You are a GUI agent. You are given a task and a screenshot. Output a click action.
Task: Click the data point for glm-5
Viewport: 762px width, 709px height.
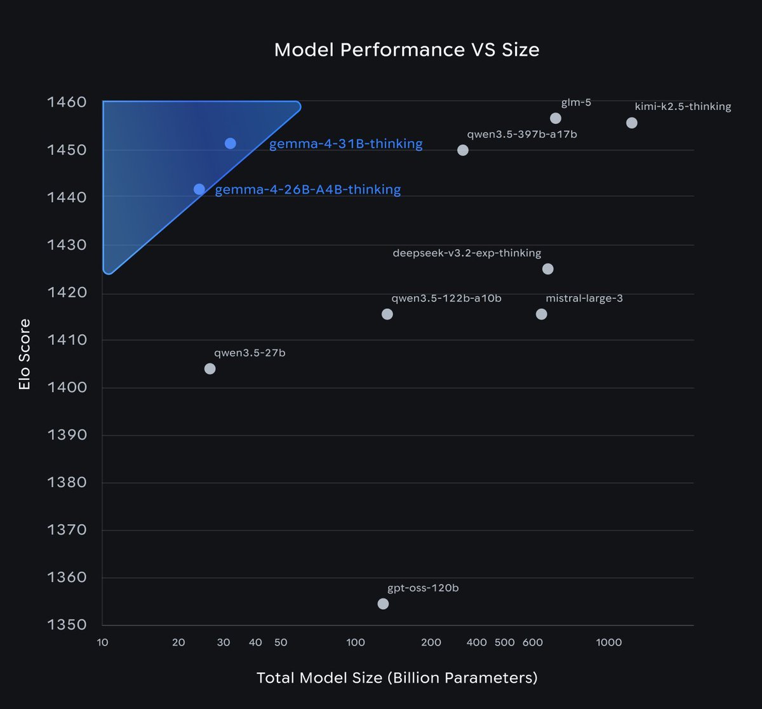(556, 118)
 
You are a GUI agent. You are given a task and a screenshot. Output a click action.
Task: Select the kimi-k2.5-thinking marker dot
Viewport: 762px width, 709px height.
(632, 123)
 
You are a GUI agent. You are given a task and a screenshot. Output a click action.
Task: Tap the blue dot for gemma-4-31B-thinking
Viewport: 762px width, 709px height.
(231, 144)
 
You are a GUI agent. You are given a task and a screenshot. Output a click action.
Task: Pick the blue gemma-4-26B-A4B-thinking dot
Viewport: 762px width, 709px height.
(199, 189)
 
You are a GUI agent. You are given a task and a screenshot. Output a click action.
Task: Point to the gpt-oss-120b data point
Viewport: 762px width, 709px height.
(383, 604)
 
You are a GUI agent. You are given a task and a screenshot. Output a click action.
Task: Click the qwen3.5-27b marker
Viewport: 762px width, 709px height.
(210, 368)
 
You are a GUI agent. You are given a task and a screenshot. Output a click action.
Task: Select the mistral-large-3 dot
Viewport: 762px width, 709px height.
(542, 314)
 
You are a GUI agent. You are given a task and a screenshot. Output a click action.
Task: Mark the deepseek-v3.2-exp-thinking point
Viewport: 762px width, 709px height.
(548, 269)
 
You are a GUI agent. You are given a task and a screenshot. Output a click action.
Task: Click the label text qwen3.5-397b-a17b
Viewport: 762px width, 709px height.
(522, 135)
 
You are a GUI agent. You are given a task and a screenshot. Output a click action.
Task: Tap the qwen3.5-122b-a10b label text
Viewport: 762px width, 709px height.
(446, 298)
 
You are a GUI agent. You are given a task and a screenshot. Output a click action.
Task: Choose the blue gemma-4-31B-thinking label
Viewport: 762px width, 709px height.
(345, 144)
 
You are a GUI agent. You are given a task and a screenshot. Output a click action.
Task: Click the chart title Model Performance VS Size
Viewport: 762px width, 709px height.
(406, 50)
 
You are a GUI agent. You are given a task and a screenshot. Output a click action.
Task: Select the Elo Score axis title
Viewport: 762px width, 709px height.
(25, 354)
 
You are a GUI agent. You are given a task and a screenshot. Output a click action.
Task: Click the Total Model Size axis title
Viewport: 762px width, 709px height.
(397, 678)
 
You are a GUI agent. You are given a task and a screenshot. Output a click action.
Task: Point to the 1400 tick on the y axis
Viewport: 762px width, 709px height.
(67, 388)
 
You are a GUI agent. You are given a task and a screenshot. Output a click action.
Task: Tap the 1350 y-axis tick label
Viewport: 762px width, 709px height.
(67, 625)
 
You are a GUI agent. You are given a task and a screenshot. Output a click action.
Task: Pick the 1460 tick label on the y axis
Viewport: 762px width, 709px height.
(67, 102)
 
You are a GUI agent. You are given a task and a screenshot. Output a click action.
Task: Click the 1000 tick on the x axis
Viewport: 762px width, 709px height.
(609, 642)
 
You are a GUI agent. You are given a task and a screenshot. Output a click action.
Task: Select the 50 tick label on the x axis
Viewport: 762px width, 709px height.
(281, 642)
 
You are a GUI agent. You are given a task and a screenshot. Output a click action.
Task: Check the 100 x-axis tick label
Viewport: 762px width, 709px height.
(356, 642)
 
